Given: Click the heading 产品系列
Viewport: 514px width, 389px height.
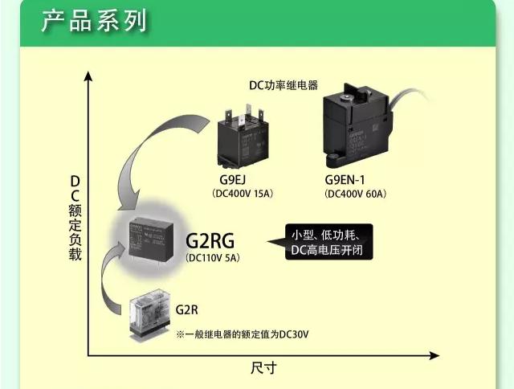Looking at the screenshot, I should tap(95, 21).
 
